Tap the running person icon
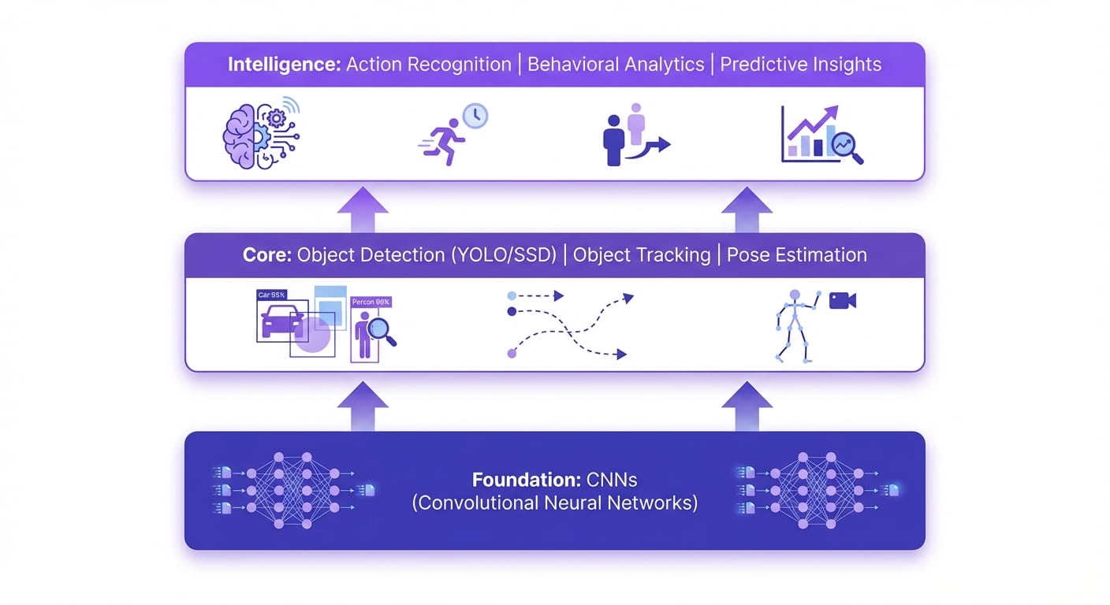pyautogui.click(x=441, y=144)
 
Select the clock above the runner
pyautogui.click(x=475, y=116)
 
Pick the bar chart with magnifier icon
pyautogui.click(x=820, y=135)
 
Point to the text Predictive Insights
pyautogui.click(x=800, y=65)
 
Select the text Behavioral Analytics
pyautogui.click(x=615, y=65)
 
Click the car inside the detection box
pyautogui.click(x=281, y=323)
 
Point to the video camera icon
pyautogui.click(x=842, y=300)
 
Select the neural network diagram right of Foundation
pyautogui.click(x=816, y=490)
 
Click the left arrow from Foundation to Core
pyautogui.click(x=363, y=406)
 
